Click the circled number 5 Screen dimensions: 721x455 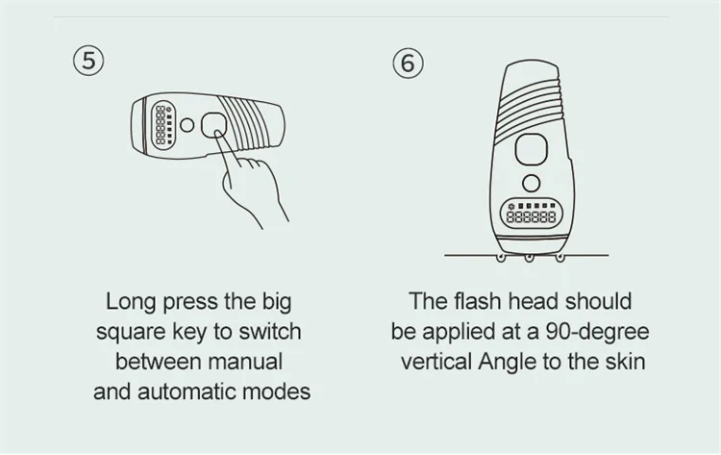pyautogui.click(x=88, y=61)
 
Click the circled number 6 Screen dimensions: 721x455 pyautogui.click(x=408, y=63)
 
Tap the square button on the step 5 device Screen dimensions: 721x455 pyautogui.click(x=213, y=125)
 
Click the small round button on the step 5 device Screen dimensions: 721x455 pyautogui.click(x=186, y=125)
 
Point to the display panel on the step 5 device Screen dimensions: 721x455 pyautogui.click(x=163, y=125)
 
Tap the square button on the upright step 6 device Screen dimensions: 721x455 pyautogui.click(x=531, y=149)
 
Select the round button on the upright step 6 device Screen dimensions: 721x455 pyautogui.click(x=531, y=183)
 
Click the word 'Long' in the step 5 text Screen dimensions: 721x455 pyautogui.click(x=132, y=303)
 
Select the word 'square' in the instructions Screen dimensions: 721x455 pyautogui.click(x=131, y=333)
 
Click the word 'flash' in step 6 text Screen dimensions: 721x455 pyautogui.click(x=477, y=302)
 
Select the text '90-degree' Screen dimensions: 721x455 pyautogui.click(x=597, y=333)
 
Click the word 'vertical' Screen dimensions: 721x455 pyautogui.click(x=436, y=362)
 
